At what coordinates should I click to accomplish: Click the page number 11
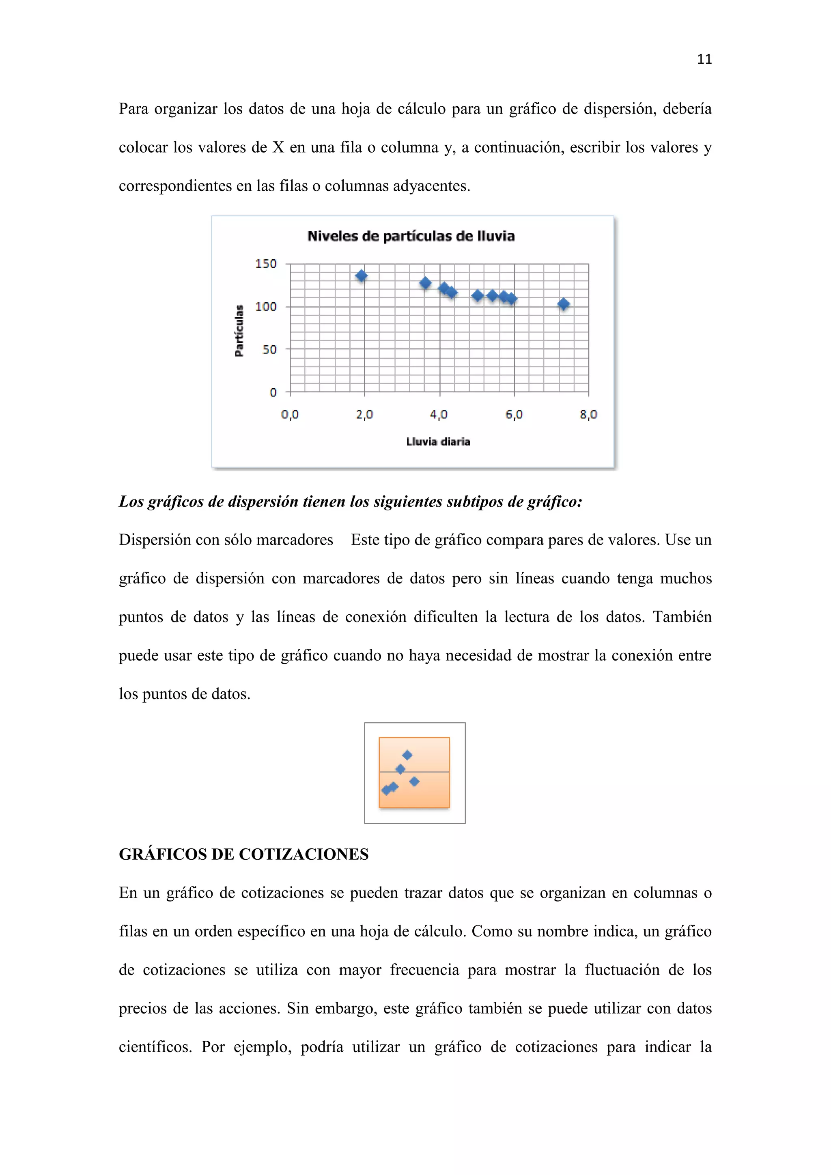point(704,59)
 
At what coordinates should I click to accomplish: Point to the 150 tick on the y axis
point(266,264)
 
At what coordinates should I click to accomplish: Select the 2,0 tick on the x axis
point(364,415)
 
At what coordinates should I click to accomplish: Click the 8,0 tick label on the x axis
point(588,415)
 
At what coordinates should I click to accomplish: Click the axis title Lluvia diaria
point(438,442)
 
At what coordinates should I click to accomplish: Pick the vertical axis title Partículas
point(239,331)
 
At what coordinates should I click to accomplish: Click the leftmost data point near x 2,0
point(361,276)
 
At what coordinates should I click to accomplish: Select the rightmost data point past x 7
point(563,304)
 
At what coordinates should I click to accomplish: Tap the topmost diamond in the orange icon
point(407,755)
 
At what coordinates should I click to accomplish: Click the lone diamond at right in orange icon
point(414,781)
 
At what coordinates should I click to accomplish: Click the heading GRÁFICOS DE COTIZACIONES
point(243,854)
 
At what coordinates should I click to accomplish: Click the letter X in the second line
point(278,147)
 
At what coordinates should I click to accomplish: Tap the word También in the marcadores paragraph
point(682,617)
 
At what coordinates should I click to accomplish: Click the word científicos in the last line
point(155,1047)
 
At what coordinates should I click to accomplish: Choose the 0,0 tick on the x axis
point(290,415)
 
